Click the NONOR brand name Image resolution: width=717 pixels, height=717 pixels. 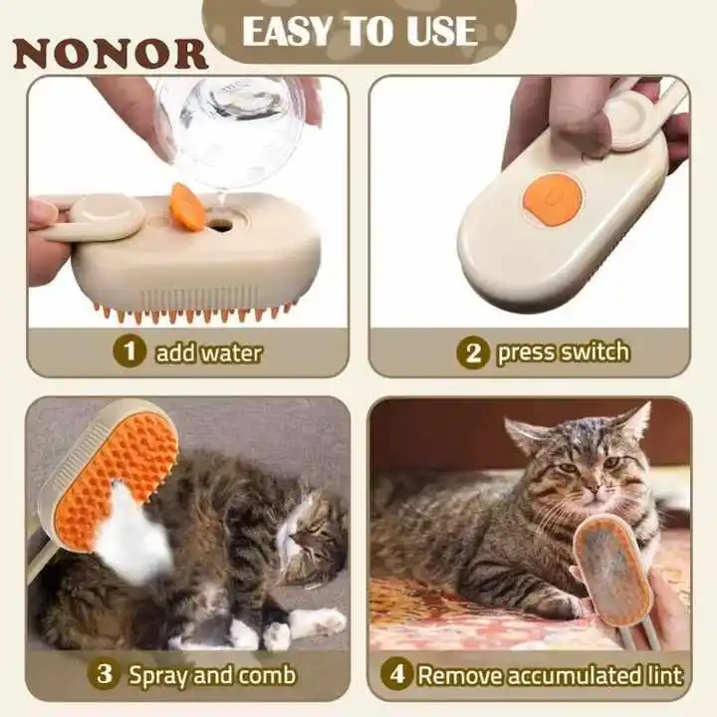pos(110,53)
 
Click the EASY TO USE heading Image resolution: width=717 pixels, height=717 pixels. pos(359,31)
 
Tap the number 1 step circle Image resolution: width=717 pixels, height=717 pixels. pos(128,352)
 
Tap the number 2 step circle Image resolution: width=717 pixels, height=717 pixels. pos(472,353)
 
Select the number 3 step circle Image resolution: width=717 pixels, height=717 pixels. pos(104,674)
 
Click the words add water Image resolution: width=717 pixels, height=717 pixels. pos(208,352)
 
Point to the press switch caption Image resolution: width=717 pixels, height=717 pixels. pos(563,352)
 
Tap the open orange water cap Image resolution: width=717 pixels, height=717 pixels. pos(186,206)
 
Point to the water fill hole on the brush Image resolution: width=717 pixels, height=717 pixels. pos(221,224)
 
